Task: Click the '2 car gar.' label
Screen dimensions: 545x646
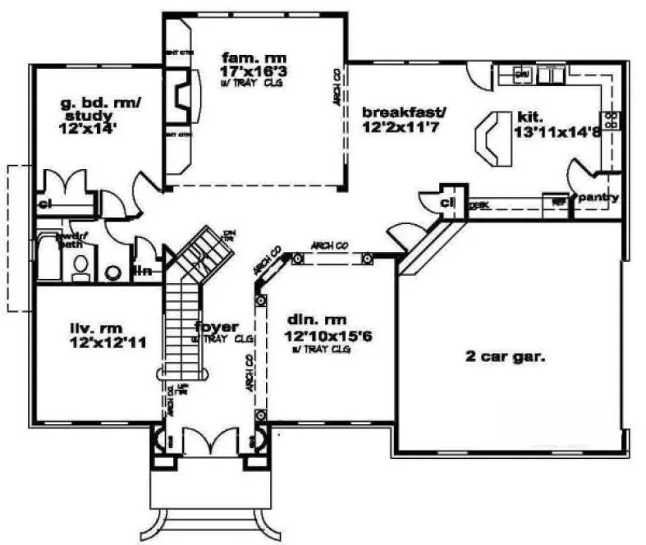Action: point(494,357)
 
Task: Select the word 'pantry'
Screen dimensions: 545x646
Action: point(598,198)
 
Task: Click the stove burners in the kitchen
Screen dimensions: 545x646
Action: point(611,120)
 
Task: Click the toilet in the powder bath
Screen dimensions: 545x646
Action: point(80,264)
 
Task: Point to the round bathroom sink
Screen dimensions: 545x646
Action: point(113,272)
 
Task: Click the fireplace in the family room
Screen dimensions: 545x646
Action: point(183,91)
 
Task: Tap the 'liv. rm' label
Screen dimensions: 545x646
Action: point(92,330)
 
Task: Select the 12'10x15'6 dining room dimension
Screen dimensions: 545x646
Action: point(322,336)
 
